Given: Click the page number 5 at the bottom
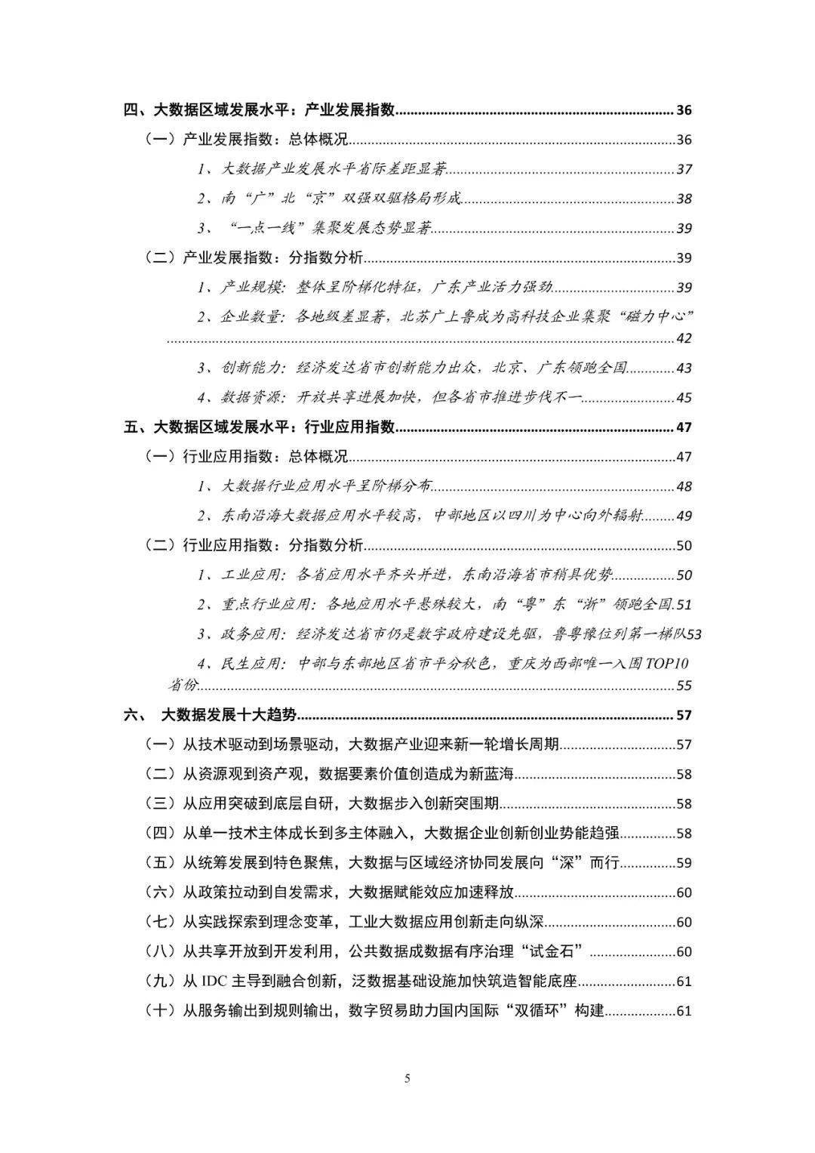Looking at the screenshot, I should tap(407, 1077).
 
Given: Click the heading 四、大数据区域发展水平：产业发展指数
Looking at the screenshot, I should tap(260, 110).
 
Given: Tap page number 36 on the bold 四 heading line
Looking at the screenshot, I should tap(684, 110).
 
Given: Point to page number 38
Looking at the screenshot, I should tap(684, 199).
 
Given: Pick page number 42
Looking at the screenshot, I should tap(684, 338).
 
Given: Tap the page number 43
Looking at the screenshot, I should tap(684, 368).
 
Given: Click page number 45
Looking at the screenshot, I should tap(684, 397).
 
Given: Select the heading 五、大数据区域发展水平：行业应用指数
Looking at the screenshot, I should tap(260, 427).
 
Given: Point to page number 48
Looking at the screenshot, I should tap(684, 486).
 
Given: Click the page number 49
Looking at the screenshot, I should tap(684, 516).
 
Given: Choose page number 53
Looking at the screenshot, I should tap(694, 634).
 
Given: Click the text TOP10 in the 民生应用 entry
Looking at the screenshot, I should tap(667, 664).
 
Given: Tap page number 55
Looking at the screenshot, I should tap(684, 686).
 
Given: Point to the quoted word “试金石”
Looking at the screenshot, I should tap(546, 951).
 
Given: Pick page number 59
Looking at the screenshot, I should tap(684, 863).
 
